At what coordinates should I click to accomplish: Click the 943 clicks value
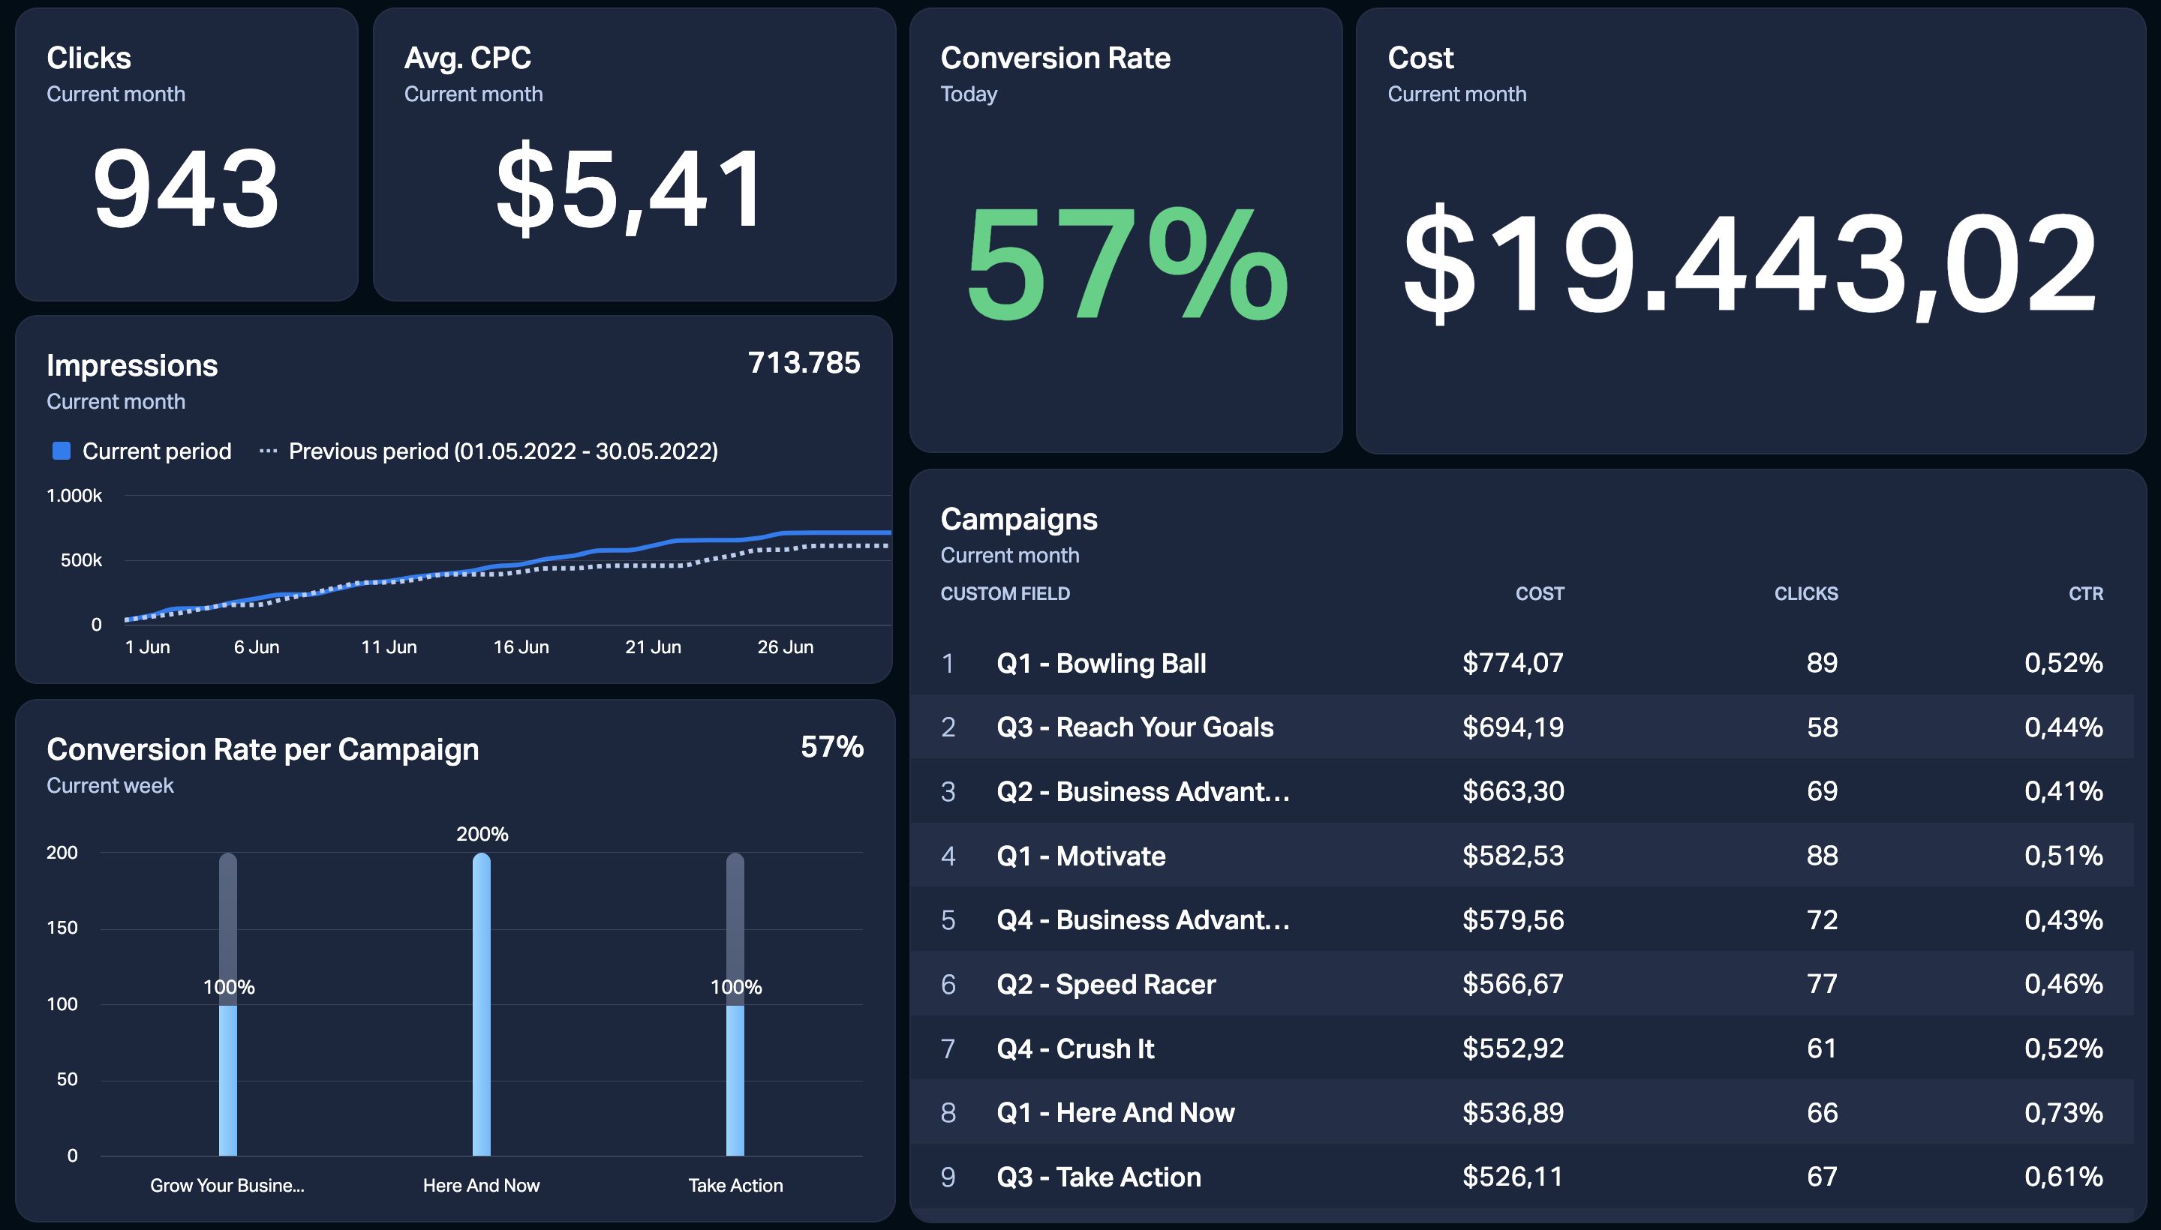pyautogui.click(x=186, y=187)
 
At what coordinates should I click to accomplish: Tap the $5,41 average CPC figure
pyautogui.click(x=630, y=187)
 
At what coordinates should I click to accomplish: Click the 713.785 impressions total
pyautogui.click(x=804, y=362)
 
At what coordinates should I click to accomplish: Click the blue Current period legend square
pyautogui.click(x=62, y=451)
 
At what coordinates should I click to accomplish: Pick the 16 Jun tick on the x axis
pyautogui.click(x=521, y=647)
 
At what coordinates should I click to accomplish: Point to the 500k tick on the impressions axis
pyautogui.click(x=81, y=560)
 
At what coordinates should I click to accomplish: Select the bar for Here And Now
pyautogui.click(x=482, y=1003)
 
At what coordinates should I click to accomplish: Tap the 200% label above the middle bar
pyautogui.click(x=482, y=835)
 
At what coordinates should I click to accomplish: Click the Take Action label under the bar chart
pyautogui.click(x=735, y=1185)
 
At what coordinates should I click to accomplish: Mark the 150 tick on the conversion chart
pyautogui.click(x=62, y=928)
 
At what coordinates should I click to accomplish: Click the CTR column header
pyautogui.click(x=2086, y=594)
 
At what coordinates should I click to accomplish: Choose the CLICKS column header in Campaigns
pyautogui.click(x=1806, y=594)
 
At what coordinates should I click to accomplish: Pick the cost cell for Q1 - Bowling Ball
pyautogui.click(x=1513, y=663)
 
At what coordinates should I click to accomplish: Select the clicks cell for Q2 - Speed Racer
pyautogui.click(x=1822, y=984)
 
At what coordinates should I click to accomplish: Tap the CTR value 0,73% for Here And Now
pyautogui.click(x=2063, y=1112)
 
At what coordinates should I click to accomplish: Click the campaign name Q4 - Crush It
pyautogui.click(x=1075, y=1048)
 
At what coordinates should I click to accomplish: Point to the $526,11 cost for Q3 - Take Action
pyautogui.click(x=1513, y=1177)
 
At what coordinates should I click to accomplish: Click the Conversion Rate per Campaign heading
pyautogui.click(x=263, y=749)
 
